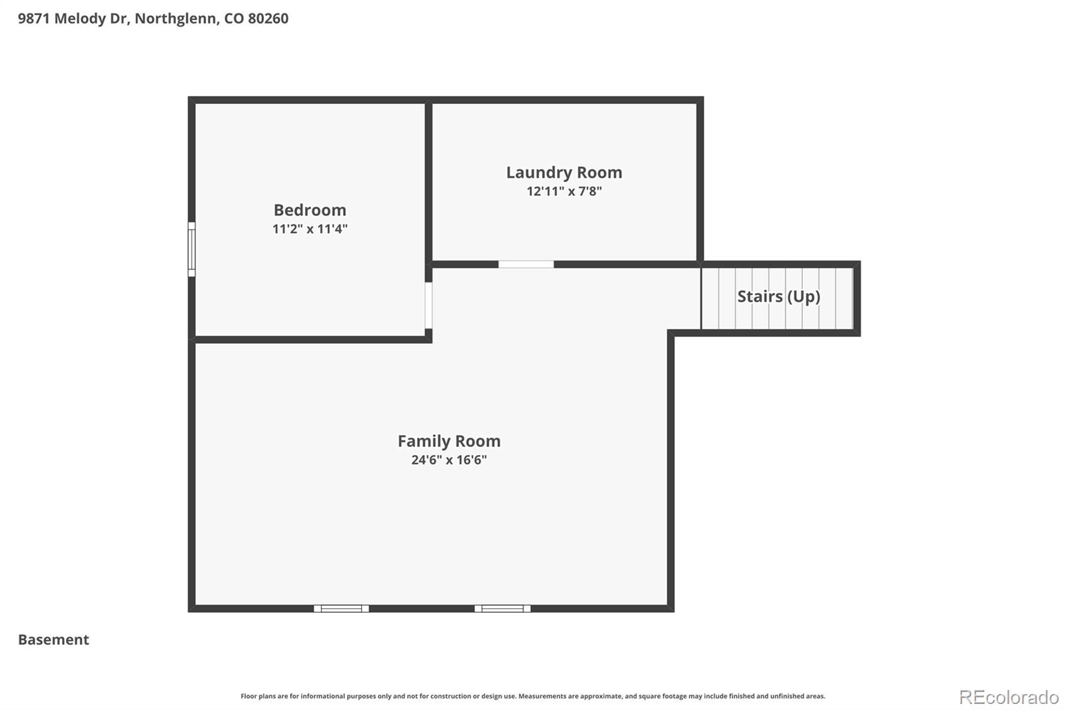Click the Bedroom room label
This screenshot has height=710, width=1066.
pos(310,210)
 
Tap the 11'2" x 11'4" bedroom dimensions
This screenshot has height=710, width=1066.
pos(310,229)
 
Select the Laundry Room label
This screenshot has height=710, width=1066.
pos(564,173)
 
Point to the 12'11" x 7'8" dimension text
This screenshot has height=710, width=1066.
pos(564,191)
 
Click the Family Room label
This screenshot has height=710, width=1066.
pos(449,441)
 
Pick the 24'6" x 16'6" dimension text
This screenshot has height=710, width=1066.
pos(449,460)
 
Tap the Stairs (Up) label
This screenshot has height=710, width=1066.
pos(778,296)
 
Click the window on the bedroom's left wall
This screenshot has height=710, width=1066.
pos(191,249)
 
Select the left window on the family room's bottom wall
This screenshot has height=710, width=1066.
pos(341,608)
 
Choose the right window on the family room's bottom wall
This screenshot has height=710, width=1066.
pos(502,608)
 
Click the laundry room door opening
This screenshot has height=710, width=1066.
pos(526,264)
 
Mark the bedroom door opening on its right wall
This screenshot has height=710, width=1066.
pos(428,305)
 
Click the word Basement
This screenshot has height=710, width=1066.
pos(53,639)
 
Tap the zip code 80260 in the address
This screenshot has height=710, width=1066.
pos(268,19)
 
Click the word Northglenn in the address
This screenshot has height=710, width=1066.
pos(176,19)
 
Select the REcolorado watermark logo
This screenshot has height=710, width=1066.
pos(1008,697)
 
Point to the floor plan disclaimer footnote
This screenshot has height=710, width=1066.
pos(532,696)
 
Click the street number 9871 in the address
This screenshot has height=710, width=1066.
pos(33,19)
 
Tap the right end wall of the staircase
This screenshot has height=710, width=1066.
pos(857,298)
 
